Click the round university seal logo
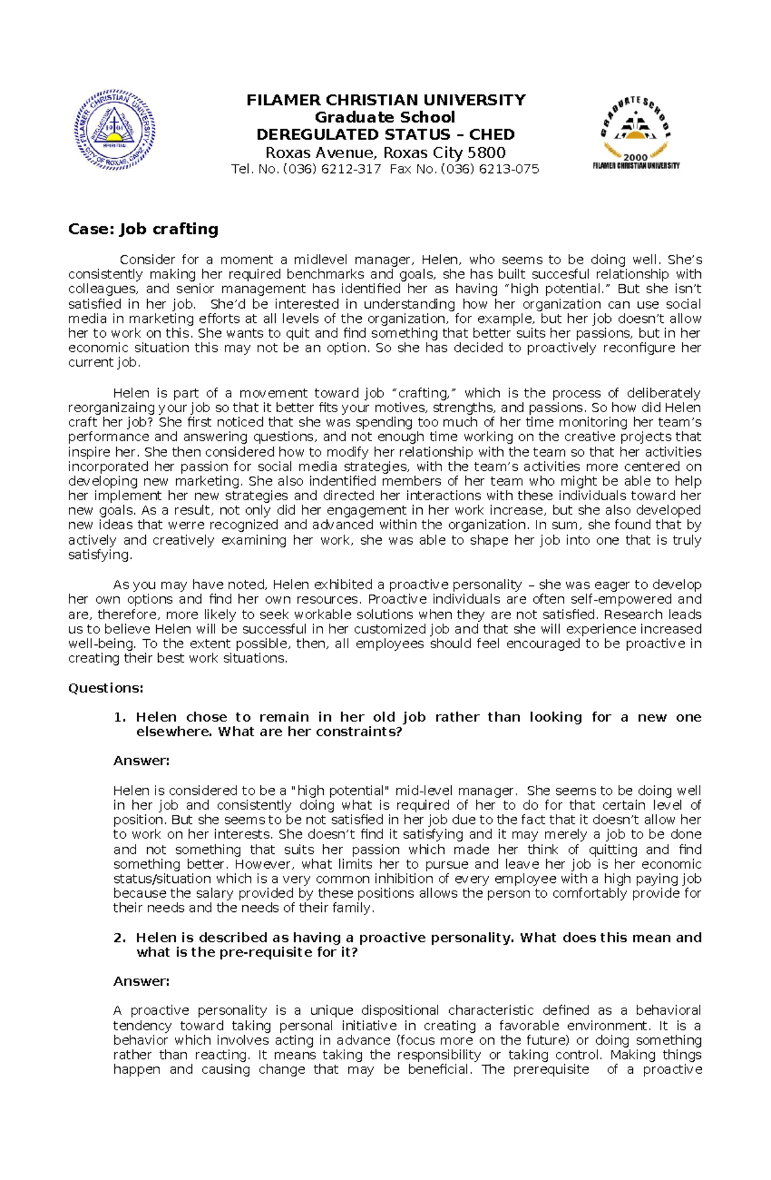click(114, 130)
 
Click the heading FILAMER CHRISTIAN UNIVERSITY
click(386, 100)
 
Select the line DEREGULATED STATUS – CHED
click(385, 134)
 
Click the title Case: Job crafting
click(143, 229)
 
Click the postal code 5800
click(486, 152)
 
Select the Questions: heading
click(105, 688)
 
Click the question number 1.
click(120, 717)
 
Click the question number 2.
click(120, 938)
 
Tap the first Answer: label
click(141, 761)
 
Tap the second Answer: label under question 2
click(141, 981)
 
